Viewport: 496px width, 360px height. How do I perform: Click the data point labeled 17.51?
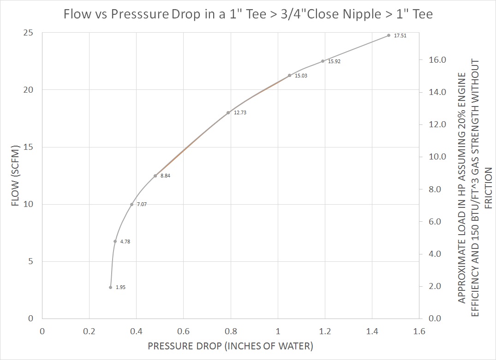click(x=388, y=35)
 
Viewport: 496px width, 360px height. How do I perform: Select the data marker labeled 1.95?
click(x=110, y=287)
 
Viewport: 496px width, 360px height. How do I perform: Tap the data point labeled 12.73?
click(x=228, y=112)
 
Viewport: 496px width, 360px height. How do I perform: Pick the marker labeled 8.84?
click(x=155, y=176)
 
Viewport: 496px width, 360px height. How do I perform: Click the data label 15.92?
click(x=334, y=61)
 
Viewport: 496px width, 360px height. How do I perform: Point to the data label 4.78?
click(x=125, y=242)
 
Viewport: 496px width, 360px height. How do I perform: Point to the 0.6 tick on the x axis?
click(x=183, y=330)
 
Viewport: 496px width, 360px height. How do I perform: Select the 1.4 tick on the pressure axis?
click(x=372, y=330)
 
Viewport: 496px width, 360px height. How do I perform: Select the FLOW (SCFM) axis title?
click(x=15, y=176)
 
